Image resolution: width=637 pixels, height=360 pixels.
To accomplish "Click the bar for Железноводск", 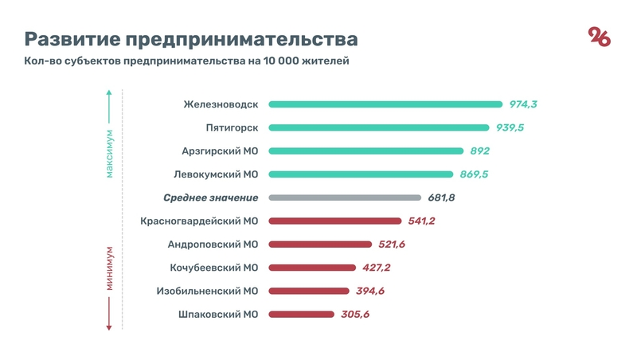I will pos(385,104).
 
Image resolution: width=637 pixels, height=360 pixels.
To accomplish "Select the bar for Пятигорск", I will pos(378,127).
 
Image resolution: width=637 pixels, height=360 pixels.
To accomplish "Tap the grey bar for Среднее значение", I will pos(345,198).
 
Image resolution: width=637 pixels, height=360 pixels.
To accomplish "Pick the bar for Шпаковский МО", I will pos(301,315).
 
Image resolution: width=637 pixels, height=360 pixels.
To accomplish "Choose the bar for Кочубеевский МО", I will pos(313,268).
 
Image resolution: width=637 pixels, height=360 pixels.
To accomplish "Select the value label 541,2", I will pos(419,221).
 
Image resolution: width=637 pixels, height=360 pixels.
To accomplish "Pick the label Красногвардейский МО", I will pos(199,221).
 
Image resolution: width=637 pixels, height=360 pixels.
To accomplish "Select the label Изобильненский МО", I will pos(208,291).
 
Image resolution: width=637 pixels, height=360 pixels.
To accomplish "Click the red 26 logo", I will pos(599,37).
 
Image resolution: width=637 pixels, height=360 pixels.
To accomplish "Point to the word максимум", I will pos(111,154).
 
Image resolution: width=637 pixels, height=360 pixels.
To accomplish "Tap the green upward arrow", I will pos(111,104).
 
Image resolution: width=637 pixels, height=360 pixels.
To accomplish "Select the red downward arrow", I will pos(111,319).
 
